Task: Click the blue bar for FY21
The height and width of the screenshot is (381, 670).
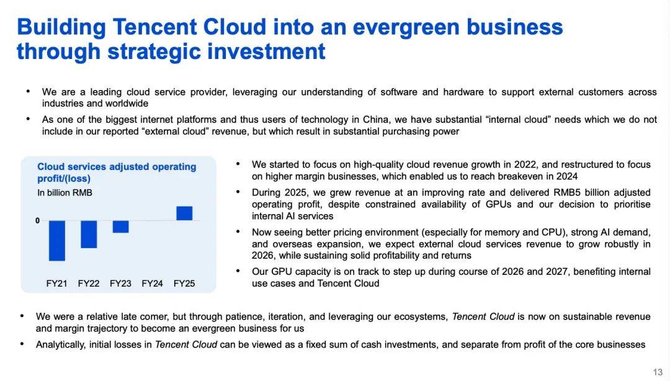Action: click(57, 241)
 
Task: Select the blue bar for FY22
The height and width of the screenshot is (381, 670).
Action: click(89, 235)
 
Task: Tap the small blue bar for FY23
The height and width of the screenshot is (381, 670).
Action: click(120, 226)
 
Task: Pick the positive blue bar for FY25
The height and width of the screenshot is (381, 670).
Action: click(184, 213)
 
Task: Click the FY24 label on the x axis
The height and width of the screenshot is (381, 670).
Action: click(152, 284)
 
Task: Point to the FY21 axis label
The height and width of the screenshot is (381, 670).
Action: click(57, 284)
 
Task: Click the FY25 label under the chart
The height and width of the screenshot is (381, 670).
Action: click(184, 284)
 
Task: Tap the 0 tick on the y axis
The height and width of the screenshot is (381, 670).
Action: click(38, 221)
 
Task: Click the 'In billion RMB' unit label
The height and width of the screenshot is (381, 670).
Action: click(65, 193)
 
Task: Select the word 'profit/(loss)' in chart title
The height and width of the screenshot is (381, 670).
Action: click(64, 179)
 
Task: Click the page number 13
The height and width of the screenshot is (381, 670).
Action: click(658, 372)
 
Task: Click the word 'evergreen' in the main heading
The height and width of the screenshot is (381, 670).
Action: click(406, 27)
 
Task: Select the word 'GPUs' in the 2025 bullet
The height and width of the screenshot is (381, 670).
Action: click(498, 204)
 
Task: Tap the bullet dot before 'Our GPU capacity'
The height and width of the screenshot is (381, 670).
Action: click(238, 271)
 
